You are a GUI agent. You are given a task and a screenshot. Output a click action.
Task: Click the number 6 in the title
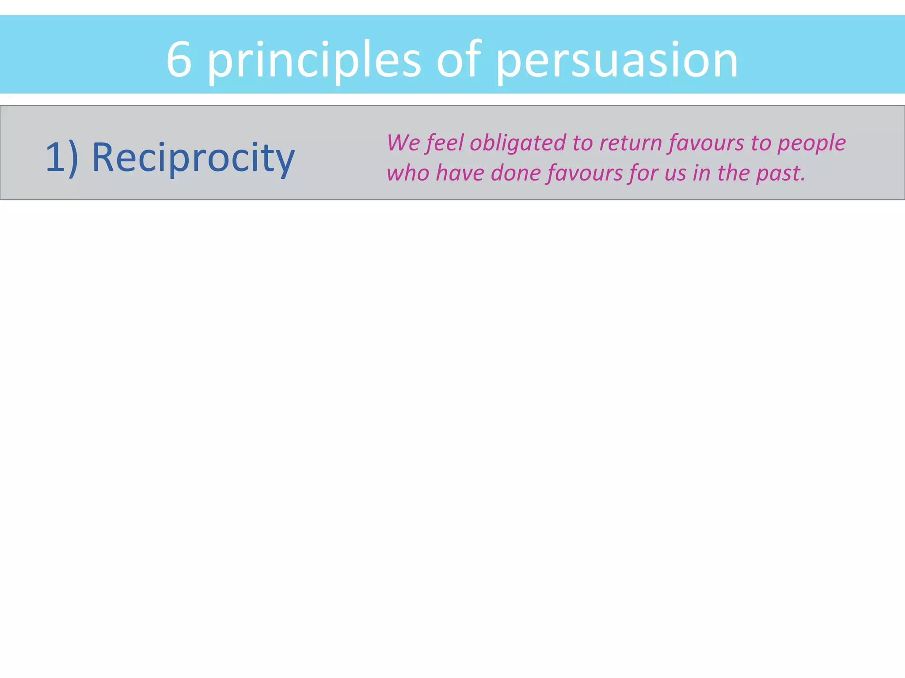pyautogui.click(x=179, y=60)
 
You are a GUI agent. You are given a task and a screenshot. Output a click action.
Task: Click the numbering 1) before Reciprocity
pyautogui.click(x=62, y=158)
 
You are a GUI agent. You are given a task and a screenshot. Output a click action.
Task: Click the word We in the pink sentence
pyautogui.click(x=403, y=143)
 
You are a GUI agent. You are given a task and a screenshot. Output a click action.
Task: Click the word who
pyautogui.click(x=408, y=173)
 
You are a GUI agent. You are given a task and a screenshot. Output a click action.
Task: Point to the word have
pyautogui.click(x=460, y=173)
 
